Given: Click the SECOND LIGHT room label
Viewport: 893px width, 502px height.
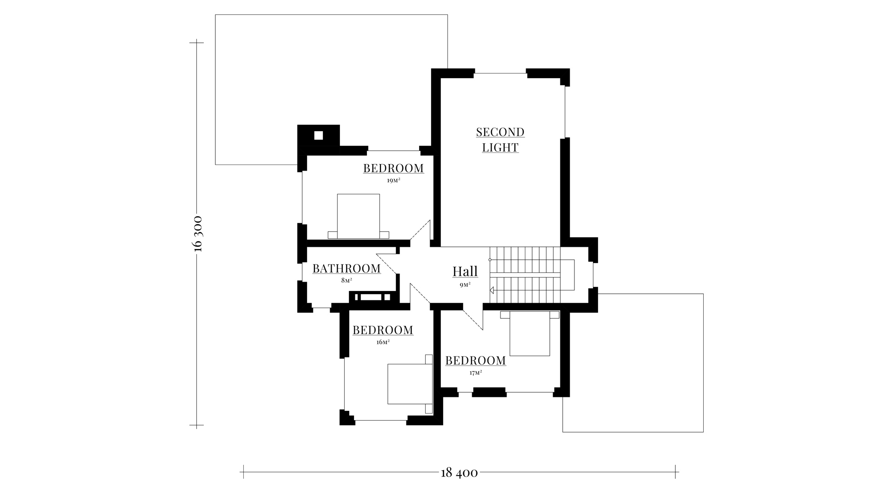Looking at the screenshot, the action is (x=500, y=140).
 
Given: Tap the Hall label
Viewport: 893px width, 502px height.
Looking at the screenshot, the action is (x=465, y=271).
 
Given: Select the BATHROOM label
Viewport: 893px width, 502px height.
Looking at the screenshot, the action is (x=347, y=269).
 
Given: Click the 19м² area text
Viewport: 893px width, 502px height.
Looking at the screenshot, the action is (x=393, y=180).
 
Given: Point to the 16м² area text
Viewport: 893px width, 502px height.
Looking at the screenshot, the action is (x=383, y=342).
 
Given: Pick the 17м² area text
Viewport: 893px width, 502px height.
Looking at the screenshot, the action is (x=475, y=373).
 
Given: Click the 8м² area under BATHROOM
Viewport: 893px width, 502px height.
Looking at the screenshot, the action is (x=347, y=281).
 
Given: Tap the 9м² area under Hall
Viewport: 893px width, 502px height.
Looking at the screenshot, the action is (x=465, y=285).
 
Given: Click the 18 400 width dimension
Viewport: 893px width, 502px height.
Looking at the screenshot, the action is (x=459, y=473).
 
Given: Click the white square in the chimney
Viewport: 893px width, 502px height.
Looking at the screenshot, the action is (x=319, y=136).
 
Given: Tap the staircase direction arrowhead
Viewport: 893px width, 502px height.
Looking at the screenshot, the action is (x=492, y=290).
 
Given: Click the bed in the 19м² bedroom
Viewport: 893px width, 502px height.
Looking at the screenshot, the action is (x=358, y=217).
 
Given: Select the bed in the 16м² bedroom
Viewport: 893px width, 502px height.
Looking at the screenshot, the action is (x=410, y=384).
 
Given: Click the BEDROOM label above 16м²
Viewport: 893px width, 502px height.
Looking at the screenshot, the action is (x=383, y=330).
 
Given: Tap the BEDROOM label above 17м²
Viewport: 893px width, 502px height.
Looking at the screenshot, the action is (x=475, y=361).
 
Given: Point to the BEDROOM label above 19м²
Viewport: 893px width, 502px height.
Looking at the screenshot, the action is (x=393, y=168).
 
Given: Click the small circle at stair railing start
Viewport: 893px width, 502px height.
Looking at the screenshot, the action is (x=490, y=260).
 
